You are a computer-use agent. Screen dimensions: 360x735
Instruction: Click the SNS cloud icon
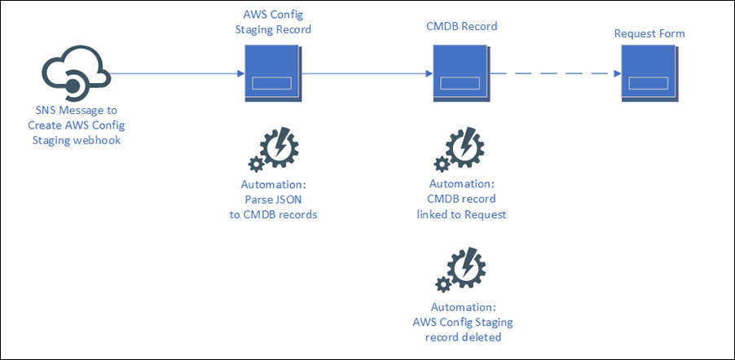[x=73, y=74]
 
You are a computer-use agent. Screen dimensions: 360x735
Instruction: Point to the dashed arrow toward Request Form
[x=554, y=74]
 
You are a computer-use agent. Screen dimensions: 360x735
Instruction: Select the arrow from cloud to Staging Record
[x=175, y=74]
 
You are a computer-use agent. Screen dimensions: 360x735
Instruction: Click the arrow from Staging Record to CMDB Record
[x=367, y=74]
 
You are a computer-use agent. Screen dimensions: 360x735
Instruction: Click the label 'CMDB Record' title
[x=463, y=26]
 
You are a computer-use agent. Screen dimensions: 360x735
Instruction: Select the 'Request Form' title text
[x=649, y=33]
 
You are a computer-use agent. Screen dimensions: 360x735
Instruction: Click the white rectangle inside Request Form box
[x=647, y=85]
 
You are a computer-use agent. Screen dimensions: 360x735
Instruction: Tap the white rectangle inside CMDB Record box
[x=459, y=85]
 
